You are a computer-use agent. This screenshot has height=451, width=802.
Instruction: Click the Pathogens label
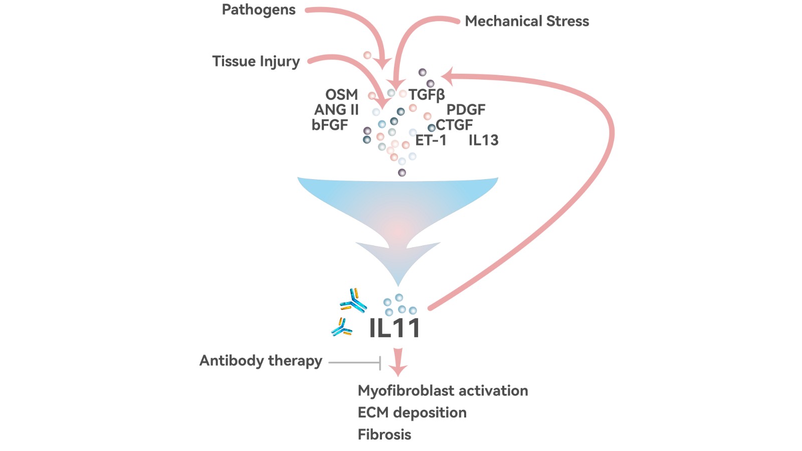(x=259, y=10)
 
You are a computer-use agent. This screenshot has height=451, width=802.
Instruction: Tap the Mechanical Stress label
(x=527, y=21)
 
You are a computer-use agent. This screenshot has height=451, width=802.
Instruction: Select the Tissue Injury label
(x=256, y=61)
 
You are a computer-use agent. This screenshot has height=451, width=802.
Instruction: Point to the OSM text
(x=341, y=94)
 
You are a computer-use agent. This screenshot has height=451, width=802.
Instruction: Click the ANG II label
(x=336, y=109)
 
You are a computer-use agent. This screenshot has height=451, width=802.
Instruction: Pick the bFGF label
(x=329, y=125)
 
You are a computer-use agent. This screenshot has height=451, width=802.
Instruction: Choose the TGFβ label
(x=427, y=95)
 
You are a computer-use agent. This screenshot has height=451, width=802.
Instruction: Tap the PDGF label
(x=466, y=109)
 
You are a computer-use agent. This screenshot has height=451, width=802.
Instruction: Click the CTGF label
(x=454, y=125)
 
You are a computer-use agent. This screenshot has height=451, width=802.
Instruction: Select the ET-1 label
(x=431, y=140)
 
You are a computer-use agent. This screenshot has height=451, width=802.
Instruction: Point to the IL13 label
(x=483, y=140)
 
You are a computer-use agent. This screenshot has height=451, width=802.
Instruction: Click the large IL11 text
(x=394, y=329)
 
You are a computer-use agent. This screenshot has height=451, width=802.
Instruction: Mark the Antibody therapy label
(x=261, y=361)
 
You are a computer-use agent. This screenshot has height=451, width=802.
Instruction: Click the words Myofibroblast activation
(x=443, y=390)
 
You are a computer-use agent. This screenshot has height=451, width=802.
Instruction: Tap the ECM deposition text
(x=412, y=412)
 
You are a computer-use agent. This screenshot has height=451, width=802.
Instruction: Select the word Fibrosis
(x=384, y=434)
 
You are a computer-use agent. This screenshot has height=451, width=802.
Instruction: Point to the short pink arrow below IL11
(x=398, y=362)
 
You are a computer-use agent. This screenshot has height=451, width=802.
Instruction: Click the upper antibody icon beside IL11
(x=354, y=301)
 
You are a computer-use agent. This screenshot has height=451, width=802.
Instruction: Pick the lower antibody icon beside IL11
(x=342, y=328)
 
